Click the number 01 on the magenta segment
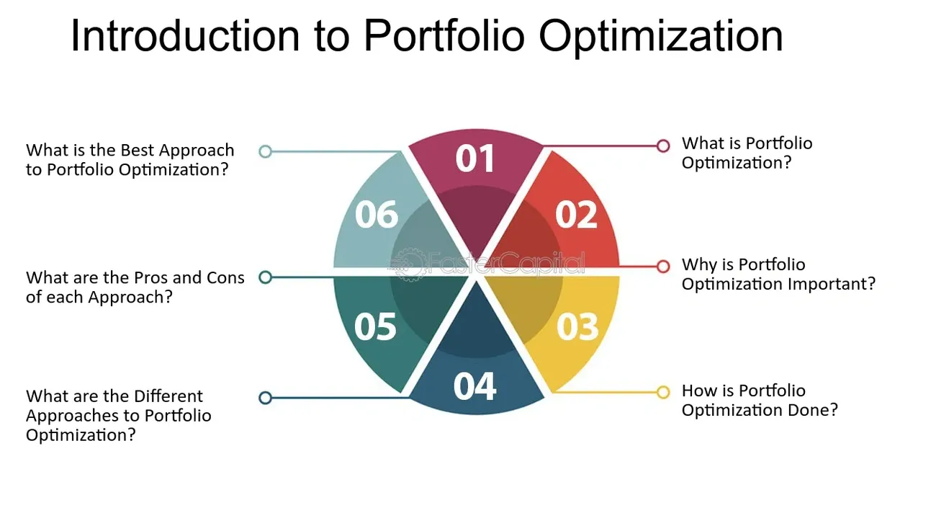(475, 159)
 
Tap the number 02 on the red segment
(576, 215)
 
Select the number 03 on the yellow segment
(577, 326)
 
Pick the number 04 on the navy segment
(474, 386)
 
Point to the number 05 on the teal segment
(375, 326)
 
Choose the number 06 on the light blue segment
(376, 215)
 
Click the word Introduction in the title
(185, 36)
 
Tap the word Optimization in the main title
(661, 37)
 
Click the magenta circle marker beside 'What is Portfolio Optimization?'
(663, 146)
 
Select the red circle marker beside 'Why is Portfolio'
(663, 267)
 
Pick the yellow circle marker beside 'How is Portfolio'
(663, 392)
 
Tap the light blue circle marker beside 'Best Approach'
(266, 151)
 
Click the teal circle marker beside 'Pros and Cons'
(266, 277)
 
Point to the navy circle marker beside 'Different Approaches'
(266, 398)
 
